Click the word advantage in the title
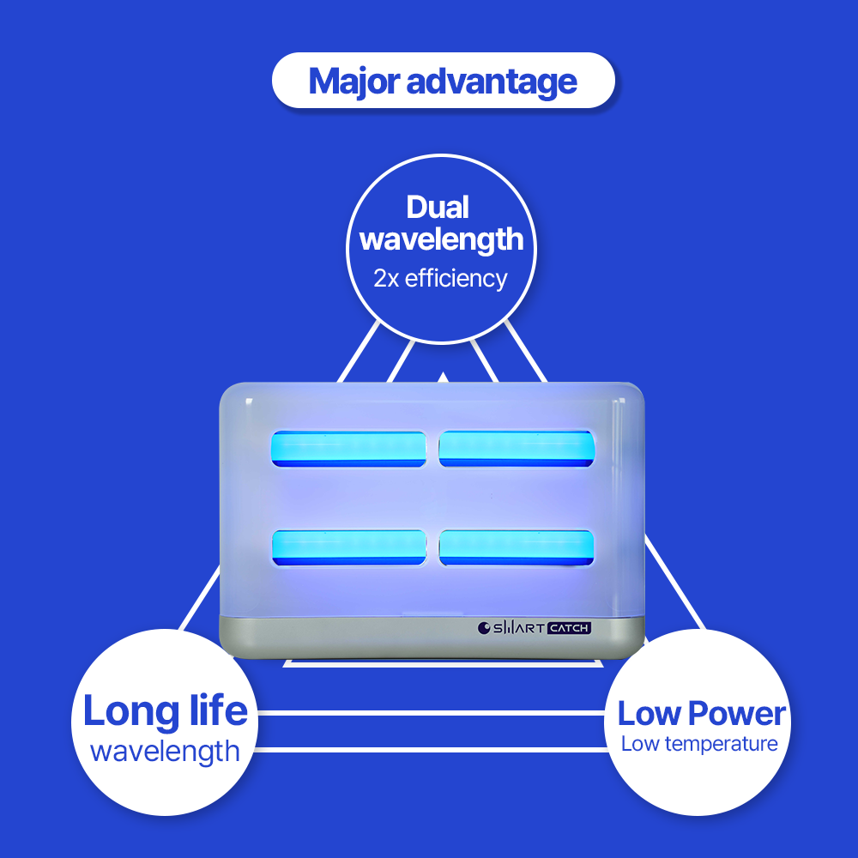(492, 82)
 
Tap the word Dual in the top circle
(438, 207)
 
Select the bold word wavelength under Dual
(441, 239)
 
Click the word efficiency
(456, 279)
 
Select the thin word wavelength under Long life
(165, 752)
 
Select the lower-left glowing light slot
(349, 547)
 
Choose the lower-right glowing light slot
(516, 547)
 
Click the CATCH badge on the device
(569, 628)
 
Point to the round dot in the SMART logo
(483, 628)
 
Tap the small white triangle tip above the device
(443, 376)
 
